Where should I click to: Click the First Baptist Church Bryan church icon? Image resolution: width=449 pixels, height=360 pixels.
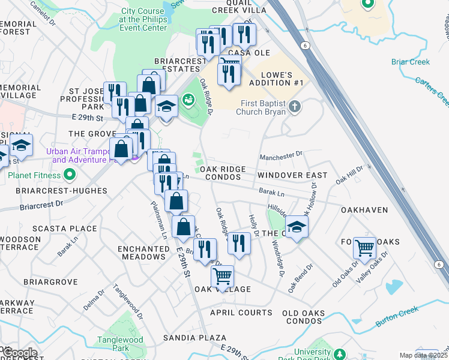(294, 107)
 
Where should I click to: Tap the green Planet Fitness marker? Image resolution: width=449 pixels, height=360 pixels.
(70, 176)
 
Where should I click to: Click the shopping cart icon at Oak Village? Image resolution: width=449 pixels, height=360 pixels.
(222, 277)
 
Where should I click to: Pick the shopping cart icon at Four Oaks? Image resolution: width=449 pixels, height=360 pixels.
(364, 247)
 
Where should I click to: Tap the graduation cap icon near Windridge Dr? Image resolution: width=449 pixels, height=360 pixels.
(296, 227)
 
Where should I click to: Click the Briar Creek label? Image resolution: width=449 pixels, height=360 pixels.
(411, 62)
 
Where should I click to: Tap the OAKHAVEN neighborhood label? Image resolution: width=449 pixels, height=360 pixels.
(364, 210)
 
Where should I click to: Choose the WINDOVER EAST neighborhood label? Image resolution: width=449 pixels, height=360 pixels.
(292, 175)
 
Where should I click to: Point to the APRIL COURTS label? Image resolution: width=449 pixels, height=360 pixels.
(241, 313)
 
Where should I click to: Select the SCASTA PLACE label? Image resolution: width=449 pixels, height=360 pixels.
(73, 229)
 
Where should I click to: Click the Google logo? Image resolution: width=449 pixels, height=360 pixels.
(20, 353)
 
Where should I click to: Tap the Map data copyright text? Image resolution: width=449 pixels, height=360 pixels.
(423, 355)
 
